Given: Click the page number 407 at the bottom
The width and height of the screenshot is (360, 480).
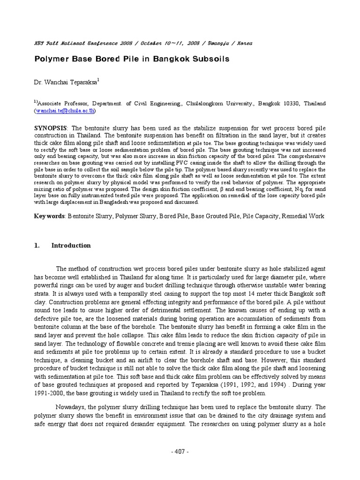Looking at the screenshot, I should point(180,451).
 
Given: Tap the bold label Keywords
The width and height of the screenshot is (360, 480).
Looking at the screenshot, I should point(50,216).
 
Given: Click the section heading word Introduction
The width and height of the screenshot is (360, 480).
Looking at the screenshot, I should point(71,245).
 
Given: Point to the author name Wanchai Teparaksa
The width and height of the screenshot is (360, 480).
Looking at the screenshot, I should point(71,82).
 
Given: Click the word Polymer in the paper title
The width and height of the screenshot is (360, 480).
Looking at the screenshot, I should point(53,60).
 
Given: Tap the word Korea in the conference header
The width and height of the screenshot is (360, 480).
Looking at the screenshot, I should point(245,43).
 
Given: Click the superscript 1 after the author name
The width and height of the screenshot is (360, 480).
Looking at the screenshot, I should point(111,80).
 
